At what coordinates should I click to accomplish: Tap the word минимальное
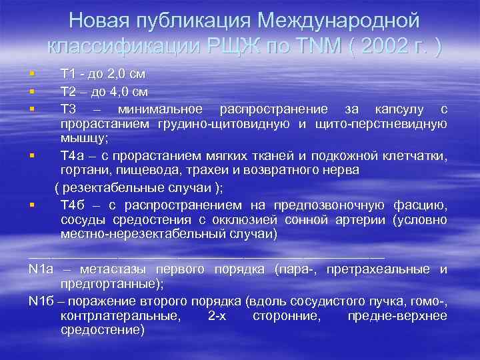point(160,109)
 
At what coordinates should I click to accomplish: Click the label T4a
point(72,157)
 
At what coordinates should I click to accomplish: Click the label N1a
point(41,269)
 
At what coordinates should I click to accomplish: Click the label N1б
point(41,300)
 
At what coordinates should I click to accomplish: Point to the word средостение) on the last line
point(102,330)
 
